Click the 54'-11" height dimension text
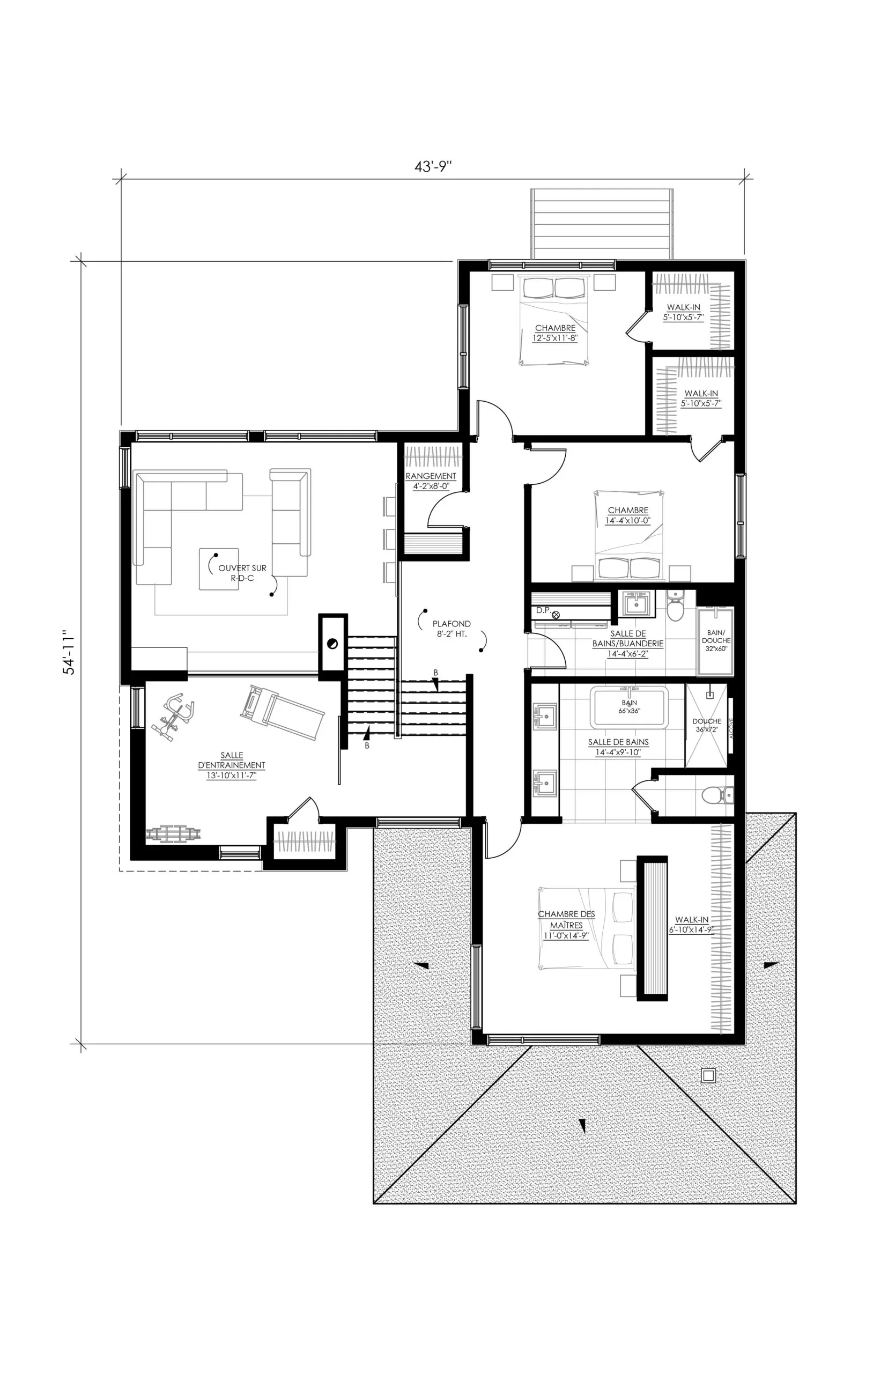[69, 652]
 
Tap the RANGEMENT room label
[431, 481]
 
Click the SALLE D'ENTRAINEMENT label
[231, 765]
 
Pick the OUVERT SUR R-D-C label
[242, 573]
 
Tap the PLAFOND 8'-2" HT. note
[452, 629]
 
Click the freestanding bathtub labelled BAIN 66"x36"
[628, 707]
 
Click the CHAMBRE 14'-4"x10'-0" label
[628, 515]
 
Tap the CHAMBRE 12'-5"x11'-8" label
[554, 333]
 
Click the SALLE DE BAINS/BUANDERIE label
[628, 643]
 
